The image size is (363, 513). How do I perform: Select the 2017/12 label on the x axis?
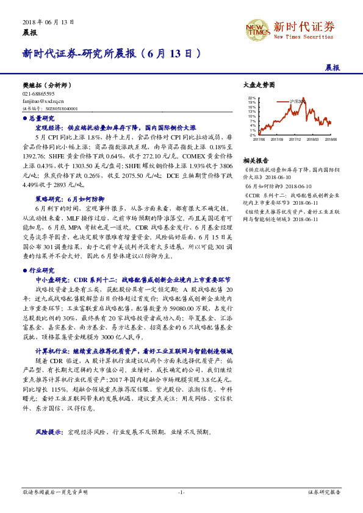pyautogui.click(x=295, y=139)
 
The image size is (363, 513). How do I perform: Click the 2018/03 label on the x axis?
pyautogui.click(x=313, y=139)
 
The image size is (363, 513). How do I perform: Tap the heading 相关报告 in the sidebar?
pyautogui.click(x=253, y=158)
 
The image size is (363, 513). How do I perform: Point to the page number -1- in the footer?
pyautogui.click(x=181, y=491)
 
